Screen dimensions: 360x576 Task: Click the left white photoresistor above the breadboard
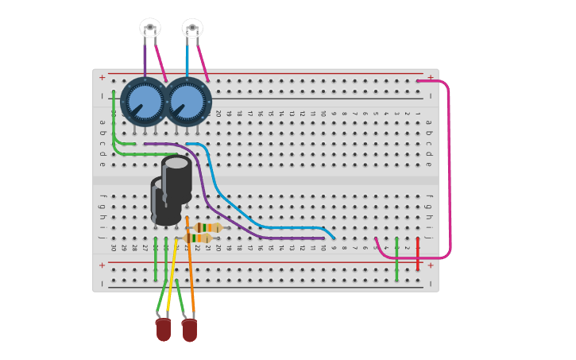[x=150, y=28]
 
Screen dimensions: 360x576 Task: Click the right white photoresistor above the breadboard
[x=192, y=28]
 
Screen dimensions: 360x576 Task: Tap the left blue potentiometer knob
[x=145, y=101]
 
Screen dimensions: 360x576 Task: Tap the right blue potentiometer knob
[x=187, y=101]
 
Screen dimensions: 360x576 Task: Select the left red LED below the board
[x=163, y=329]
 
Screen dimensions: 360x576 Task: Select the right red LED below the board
[x=189, y=330]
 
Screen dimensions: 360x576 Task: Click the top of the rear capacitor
[x=176, y=163]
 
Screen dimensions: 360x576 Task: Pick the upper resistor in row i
[x=209, y=228]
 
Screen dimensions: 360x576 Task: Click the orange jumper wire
[x=190, y=262]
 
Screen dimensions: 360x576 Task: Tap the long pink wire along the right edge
[x=449, y=167]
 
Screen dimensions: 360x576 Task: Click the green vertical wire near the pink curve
[x=396, y=258]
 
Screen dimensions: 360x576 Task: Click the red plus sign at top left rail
[x=102, y=77]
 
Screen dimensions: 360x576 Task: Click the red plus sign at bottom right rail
[x=430, y=265]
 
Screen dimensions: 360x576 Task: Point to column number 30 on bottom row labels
[x=113, y=248]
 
